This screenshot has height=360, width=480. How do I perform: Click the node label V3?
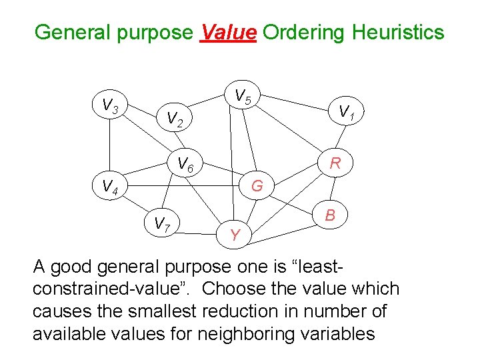110,105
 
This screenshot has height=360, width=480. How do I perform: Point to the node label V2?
175,119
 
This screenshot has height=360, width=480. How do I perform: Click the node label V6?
185,163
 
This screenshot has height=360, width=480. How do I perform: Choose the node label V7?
162,224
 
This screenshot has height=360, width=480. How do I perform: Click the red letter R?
335,163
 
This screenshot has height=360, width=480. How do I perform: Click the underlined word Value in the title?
228,31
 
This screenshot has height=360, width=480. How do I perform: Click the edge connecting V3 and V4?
110,147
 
